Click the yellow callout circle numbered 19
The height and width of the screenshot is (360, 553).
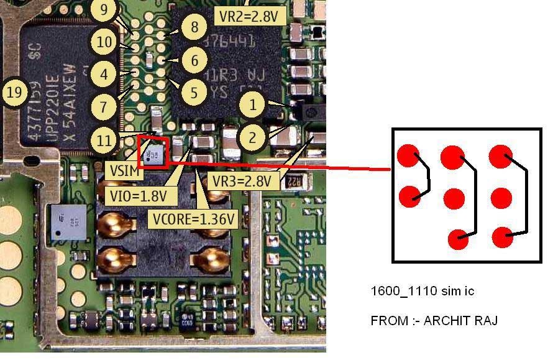(x=16, y=93)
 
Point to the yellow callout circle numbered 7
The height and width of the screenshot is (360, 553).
(x=104, y=106)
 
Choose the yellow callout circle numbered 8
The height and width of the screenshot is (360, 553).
(x=194, y=27)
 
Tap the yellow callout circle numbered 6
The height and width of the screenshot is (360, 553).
(x=194, y=60)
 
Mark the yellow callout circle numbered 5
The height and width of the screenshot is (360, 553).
(x=194, y=93)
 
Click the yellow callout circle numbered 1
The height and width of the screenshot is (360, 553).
(x=252, y=104)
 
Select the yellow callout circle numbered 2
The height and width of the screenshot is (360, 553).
(x=252, y=137)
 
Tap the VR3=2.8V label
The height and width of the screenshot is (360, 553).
(x=242, y=181)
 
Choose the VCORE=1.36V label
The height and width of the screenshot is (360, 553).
(x=194, y=218)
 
